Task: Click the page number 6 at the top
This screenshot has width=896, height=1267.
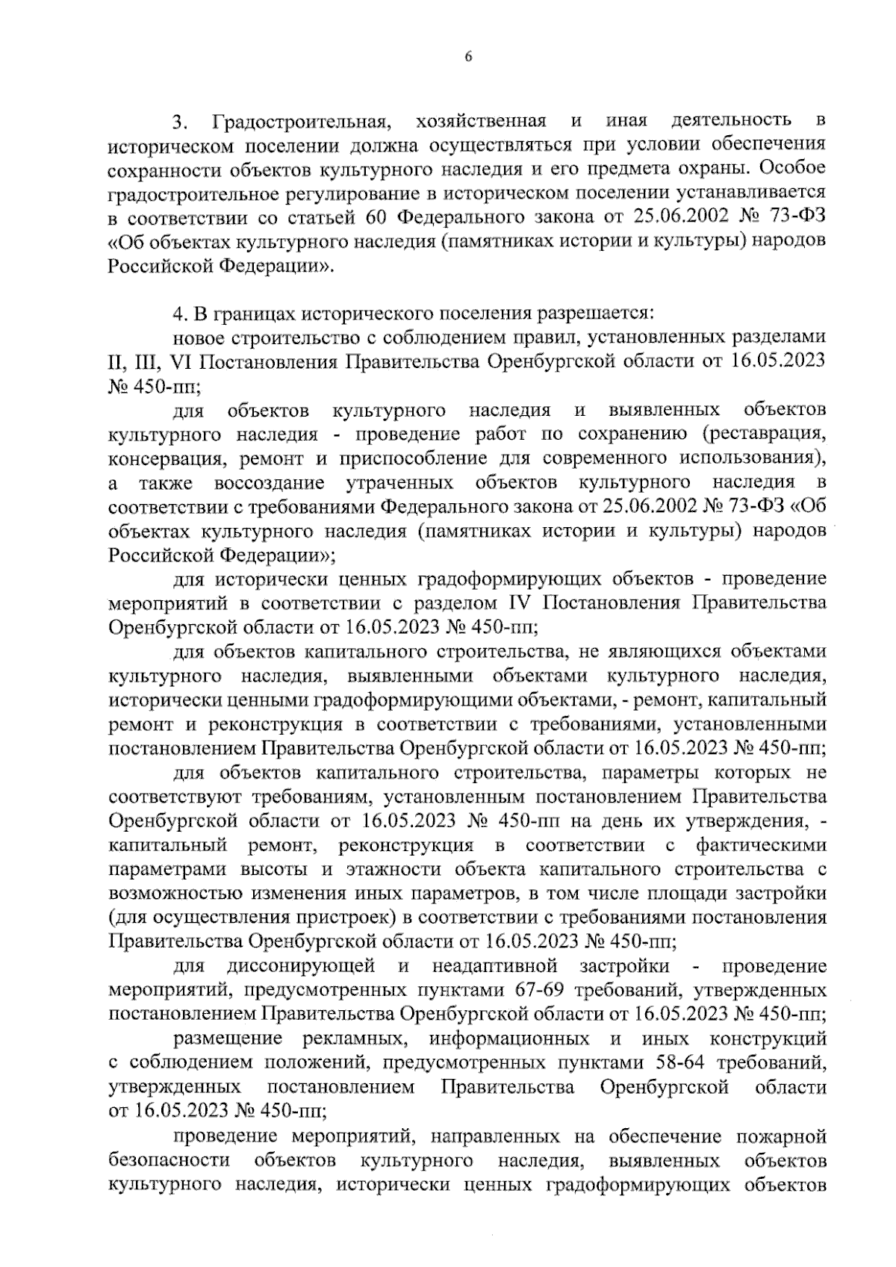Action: [468, 57]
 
